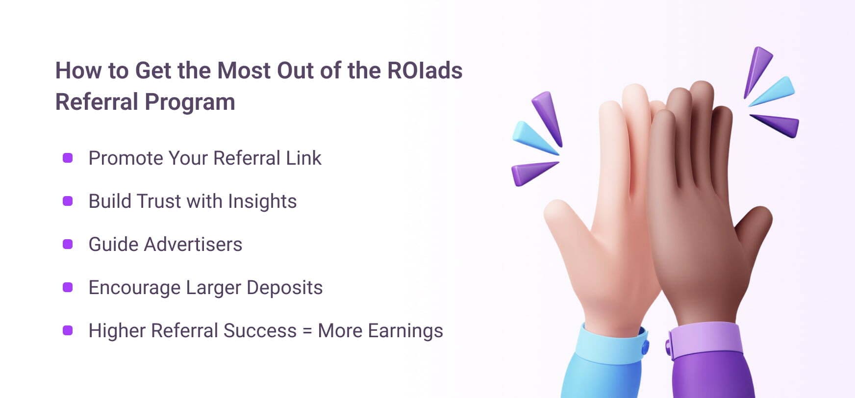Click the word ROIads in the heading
coord(425,71)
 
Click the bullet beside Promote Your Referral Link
coord(68,158)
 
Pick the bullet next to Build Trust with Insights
coord(68,201)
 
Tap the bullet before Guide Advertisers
coord(68,244)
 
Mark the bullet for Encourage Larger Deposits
coord(68,287)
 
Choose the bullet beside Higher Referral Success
coord(68,330)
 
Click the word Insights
coord(262,201)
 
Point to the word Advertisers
coord(193,244)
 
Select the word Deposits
coord(284,288)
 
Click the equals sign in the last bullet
coord(307,331)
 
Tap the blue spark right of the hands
coord(772,92)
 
